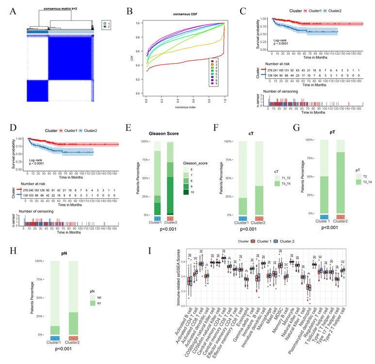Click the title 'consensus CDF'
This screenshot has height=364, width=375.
[x=173, y=14]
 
